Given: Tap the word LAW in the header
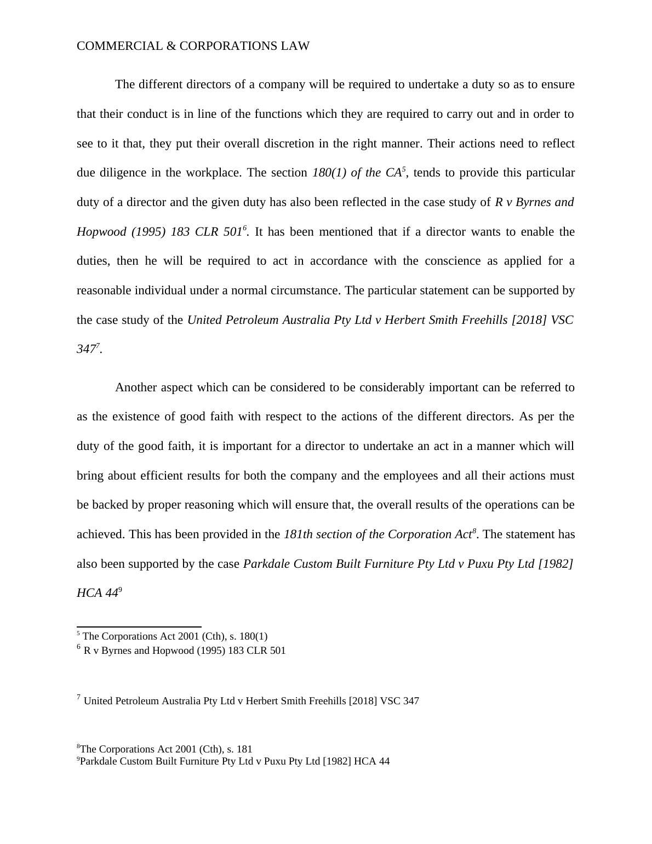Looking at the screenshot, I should (x=295, y=47).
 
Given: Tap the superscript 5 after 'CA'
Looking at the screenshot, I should (x=404, y=169).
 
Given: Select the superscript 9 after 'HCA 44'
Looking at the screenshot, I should (x=120, y=590).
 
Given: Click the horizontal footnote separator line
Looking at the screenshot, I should (x=139, y=626).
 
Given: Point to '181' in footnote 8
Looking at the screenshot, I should (x=245, y=749).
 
